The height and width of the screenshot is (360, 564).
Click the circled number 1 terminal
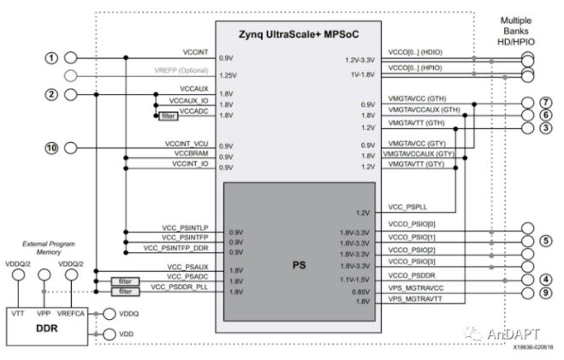[51, 57]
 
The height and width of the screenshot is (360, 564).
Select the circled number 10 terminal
[51, 148]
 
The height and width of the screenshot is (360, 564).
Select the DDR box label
[48, 328]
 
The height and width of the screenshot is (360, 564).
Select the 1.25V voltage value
[227, 75]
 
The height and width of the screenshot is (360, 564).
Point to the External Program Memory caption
[45, 245]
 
